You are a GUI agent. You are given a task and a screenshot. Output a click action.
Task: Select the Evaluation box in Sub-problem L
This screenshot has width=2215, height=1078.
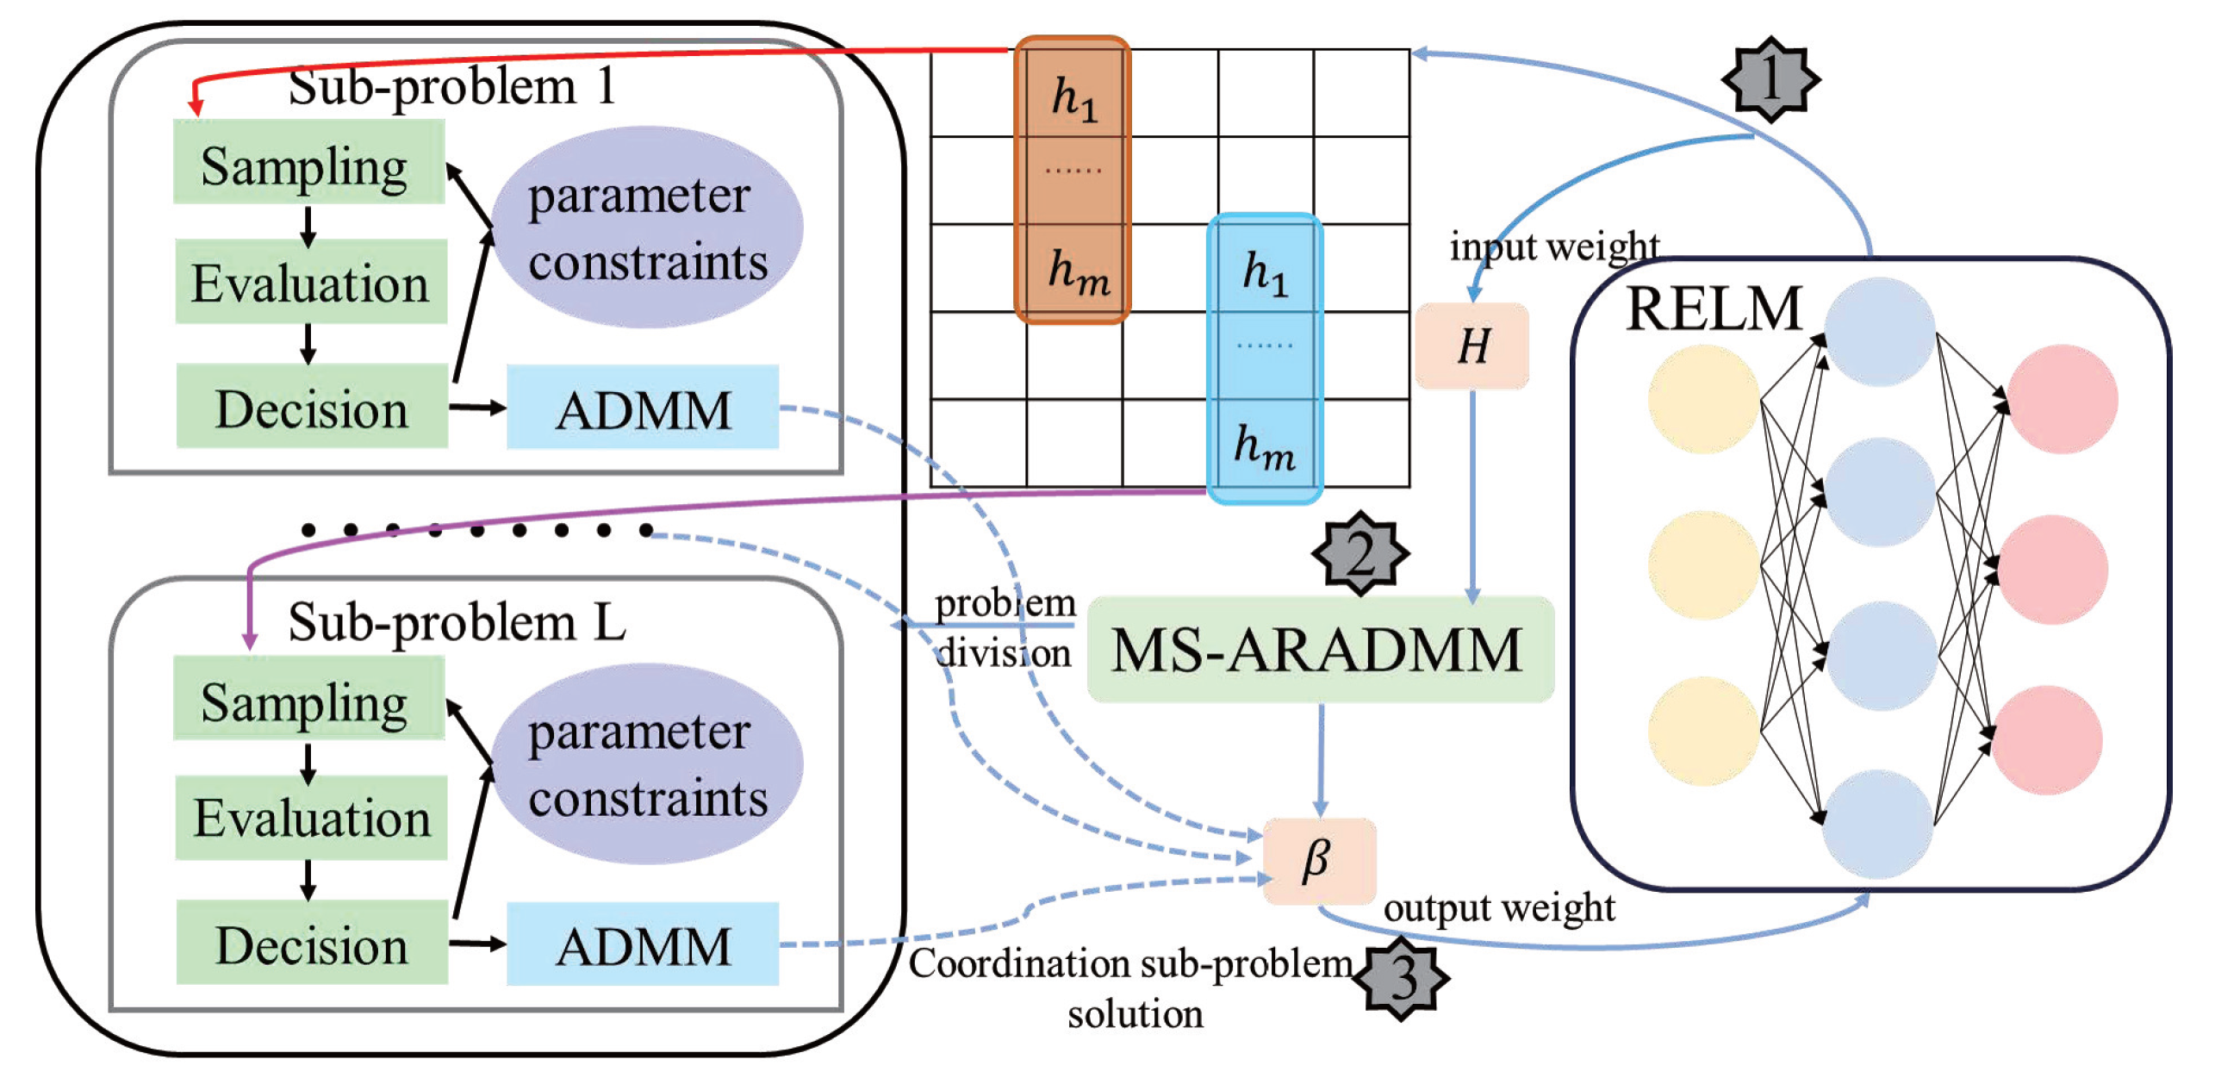[311, 817]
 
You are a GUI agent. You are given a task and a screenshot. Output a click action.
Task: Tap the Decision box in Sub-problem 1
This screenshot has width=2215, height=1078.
[311, 406]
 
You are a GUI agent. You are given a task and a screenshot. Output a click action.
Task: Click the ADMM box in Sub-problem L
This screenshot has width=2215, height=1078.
[642, 944]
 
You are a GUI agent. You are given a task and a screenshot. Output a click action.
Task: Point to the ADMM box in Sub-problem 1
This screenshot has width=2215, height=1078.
[642, 407]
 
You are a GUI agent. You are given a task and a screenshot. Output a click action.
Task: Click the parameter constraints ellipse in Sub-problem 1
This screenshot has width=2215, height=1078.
[646, 227]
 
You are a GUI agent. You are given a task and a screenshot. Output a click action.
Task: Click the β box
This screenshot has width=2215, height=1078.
[1317, 859]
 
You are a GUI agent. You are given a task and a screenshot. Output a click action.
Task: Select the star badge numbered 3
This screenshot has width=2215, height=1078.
[1403, 977]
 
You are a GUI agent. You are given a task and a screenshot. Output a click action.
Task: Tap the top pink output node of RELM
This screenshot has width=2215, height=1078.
[2062, 399]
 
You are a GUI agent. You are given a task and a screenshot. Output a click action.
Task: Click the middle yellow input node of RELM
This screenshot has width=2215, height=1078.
[1702, 564]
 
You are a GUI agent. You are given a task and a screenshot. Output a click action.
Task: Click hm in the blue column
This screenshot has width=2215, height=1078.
[1263, 446]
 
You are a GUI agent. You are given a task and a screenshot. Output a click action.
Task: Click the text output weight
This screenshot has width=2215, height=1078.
[1498, 907]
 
